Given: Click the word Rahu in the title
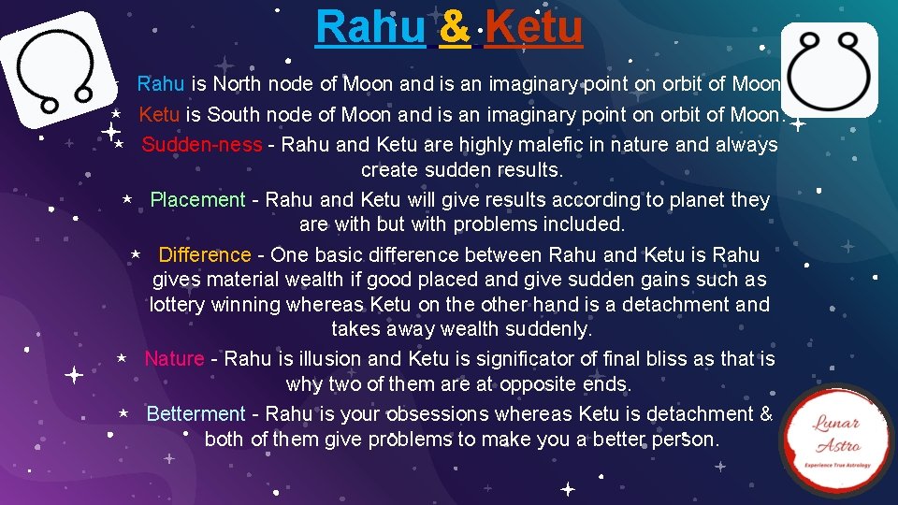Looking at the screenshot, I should click(369, 27).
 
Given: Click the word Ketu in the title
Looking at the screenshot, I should click(534, 27).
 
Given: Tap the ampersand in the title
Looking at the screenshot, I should click(454, 28).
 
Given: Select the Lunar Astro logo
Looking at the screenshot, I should click(837, 439).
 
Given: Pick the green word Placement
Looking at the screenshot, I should click(197, 200).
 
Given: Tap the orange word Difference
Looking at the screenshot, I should click(204, 255).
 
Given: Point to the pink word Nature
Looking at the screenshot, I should click(174, 359).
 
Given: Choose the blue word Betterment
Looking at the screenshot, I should click(196, 414).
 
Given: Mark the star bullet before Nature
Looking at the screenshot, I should click(121, 359).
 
